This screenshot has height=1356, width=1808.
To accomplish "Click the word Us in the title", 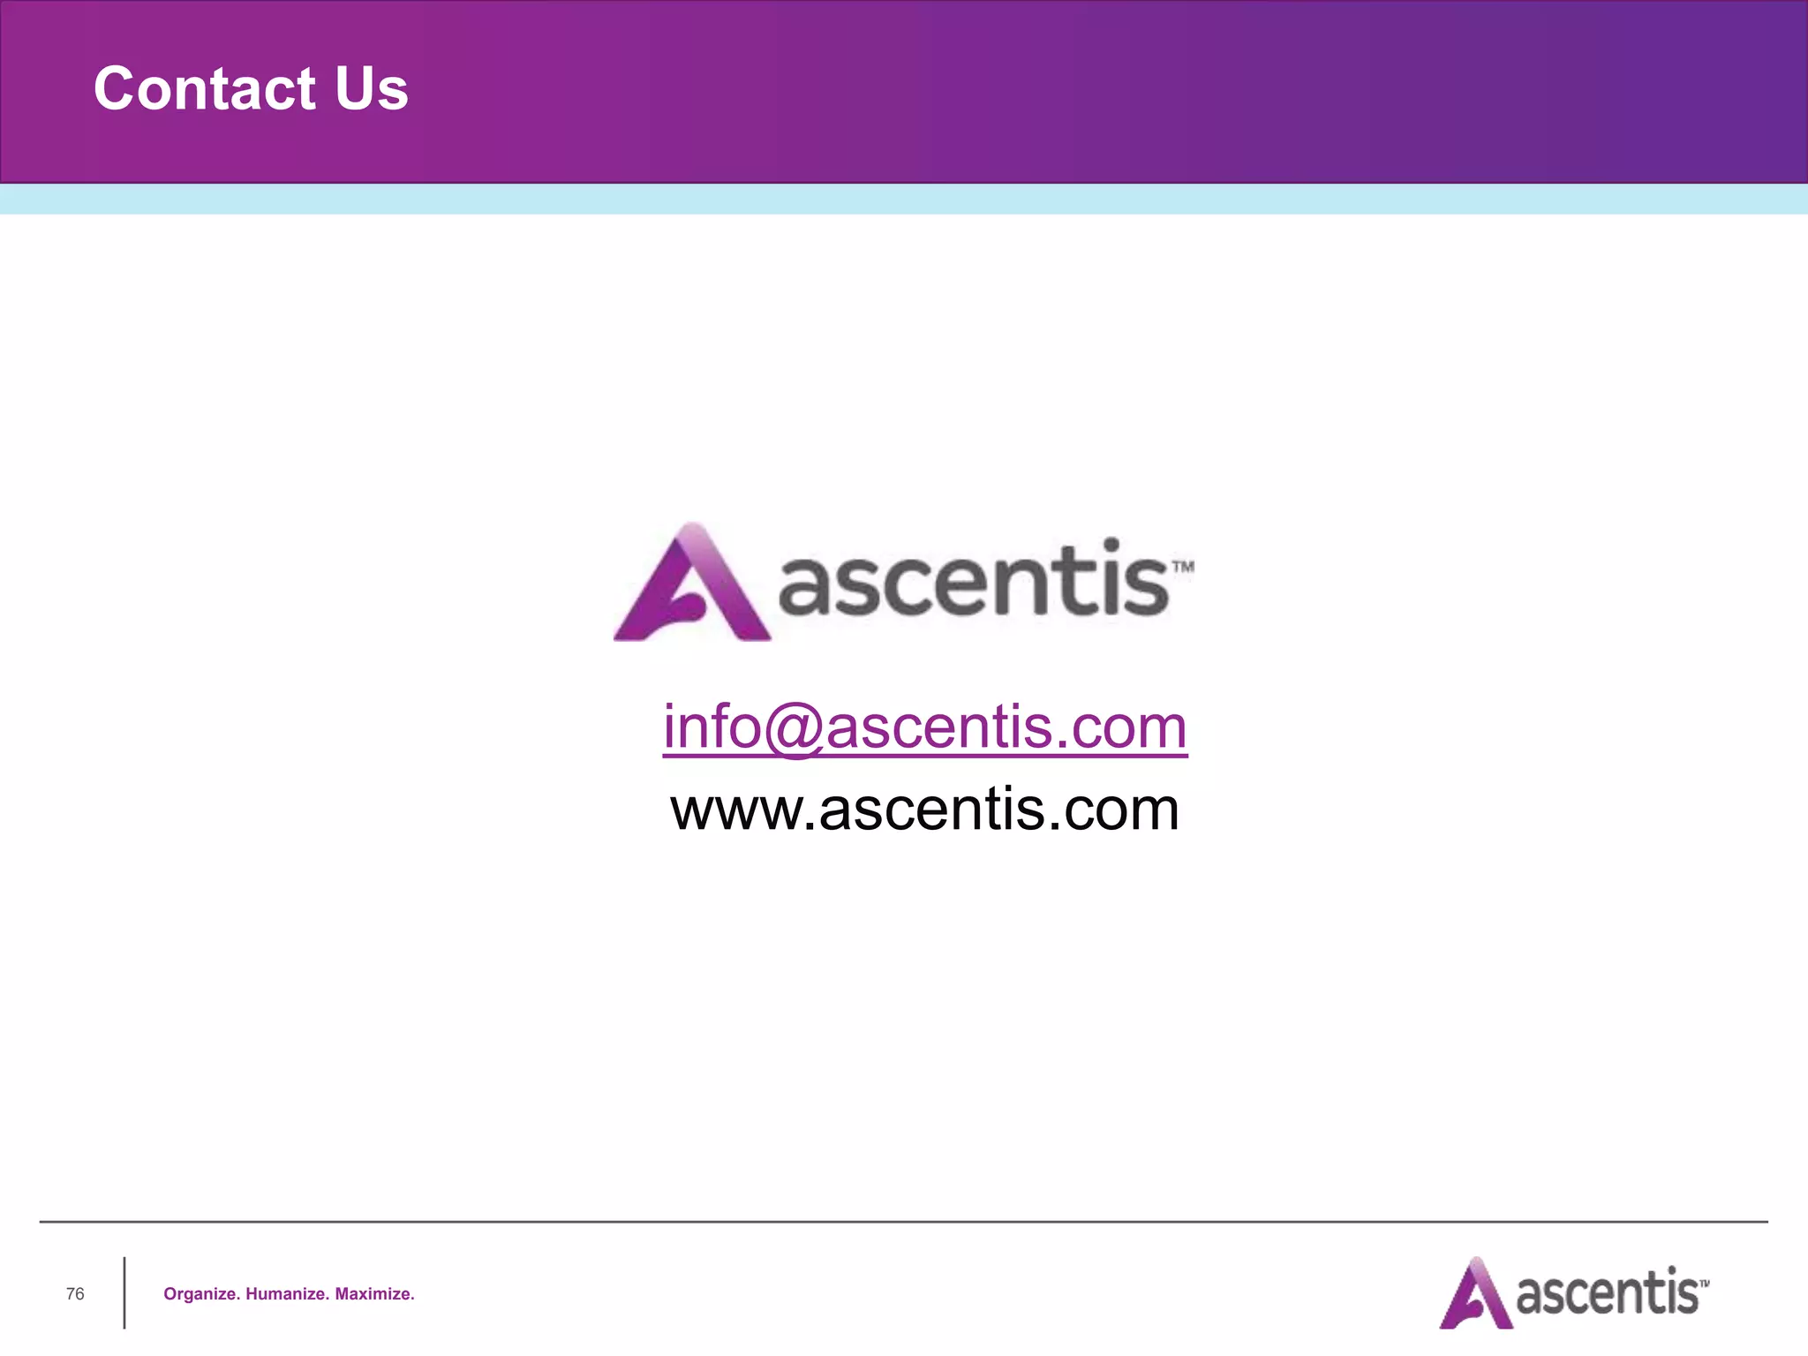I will tap(371, 88).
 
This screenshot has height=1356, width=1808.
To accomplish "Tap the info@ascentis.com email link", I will tap(924, 727).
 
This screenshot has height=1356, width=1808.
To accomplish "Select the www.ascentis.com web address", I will tap(924, 809).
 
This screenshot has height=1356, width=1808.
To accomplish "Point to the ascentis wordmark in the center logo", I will tap(974, 581).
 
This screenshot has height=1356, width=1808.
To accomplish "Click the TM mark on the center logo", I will tap(1183, 567).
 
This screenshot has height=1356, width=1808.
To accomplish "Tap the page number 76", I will tap(75, 1293).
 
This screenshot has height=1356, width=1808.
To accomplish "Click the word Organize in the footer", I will tap(201, 1294).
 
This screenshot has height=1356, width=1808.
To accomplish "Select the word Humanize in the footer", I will tap(287, 1294).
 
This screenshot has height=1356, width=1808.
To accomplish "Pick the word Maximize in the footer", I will tap(374, 1294).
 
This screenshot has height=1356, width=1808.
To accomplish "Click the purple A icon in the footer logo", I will tap(1475, 1294).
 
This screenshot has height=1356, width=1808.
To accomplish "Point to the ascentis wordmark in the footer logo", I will tap(1607, 1294).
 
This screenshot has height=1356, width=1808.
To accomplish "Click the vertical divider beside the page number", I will tap(124, 1292).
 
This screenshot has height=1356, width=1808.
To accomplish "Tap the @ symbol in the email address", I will tap(793, 729).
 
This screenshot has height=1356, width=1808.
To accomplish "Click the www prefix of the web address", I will tap(736, 810).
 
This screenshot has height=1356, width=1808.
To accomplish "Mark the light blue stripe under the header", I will tap(904, 200).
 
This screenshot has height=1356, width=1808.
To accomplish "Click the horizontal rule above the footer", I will tap(904, 1222).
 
